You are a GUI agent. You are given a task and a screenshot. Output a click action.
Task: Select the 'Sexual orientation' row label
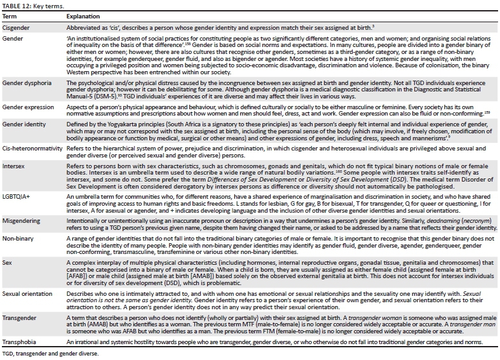pyautogui.click(x=28, y=295)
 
